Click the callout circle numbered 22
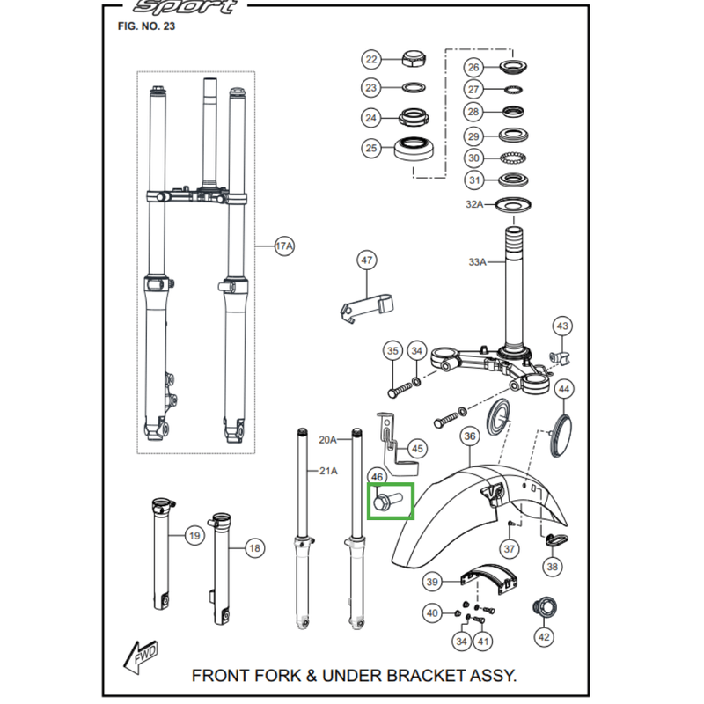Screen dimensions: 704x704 pos(371,60)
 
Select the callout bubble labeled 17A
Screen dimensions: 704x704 pos(283,247)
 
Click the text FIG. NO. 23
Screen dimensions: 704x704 pos(146,26)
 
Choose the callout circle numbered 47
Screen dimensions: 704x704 pos(366,260)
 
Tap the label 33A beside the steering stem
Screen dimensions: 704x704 pos(477,261)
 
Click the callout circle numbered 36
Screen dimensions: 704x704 pos(468,436)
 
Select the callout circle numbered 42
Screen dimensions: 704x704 pos(544,637)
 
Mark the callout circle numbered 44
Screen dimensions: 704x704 pos(565,388)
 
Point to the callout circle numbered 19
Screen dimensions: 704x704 pos(194,535)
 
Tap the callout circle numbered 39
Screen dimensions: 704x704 pos(432,582)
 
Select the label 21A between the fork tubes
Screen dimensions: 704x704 pos(326,471)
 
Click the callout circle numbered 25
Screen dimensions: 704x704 pos(371,148)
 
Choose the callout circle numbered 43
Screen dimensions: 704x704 pos(563,326)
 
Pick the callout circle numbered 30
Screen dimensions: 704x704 pos(473,158)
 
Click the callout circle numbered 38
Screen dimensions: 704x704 pos(553,568)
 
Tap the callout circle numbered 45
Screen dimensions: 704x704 pos(417,449)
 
